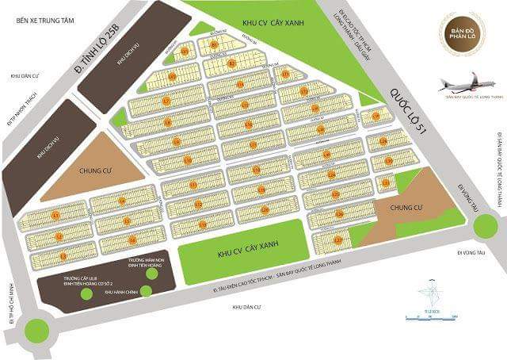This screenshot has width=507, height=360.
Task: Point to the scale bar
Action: pyautogui.click(x=428, y=318)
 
